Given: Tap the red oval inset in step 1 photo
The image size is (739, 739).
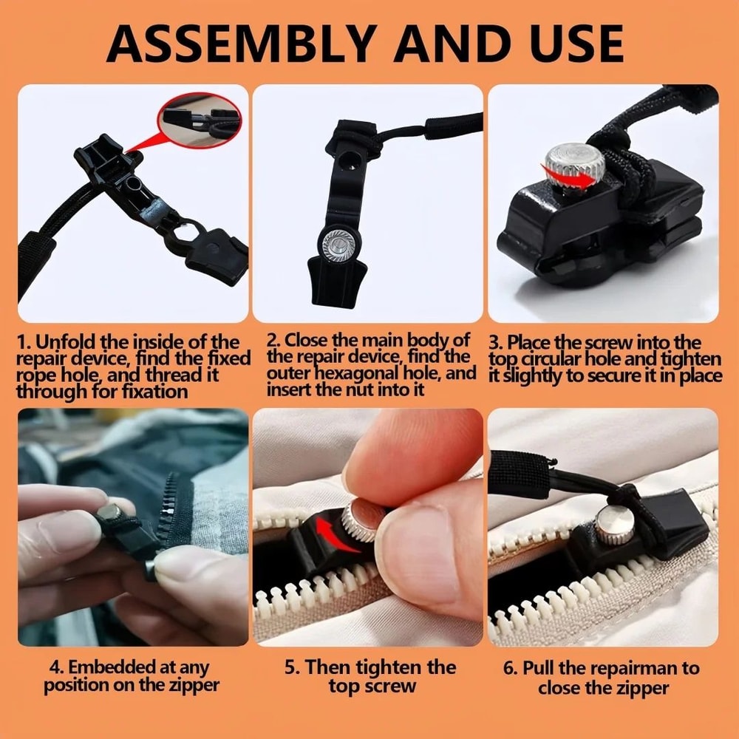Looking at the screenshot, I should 200,120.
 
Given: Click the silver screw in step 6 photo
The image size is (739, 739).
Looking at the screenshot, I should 613,525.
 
